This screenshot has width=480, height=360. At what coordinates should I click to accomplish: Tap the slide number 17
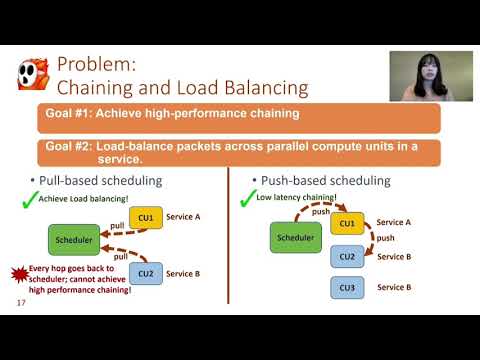click(22, 302)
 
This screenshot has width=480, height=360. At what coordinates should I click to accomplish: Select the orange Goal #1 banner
click(238, 118)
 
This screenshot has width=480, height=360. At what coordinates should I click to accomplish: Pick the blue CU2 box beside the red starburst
click(146, 272)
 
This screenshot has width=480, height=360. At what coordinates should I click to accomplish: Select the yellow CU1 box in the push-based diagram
click(347, 223)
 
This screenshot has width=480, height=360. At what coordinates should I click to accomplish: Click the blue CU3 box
click(347, 288)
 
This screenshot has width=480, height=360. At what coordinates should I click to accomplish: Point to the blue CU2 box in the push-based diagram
click(347, 255)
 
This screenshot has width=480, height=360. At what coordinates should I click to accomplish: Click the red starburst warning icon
click(19, 273)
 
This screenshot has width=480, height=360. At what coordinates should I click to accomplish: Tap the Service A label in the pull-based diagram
click(183, 217)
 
